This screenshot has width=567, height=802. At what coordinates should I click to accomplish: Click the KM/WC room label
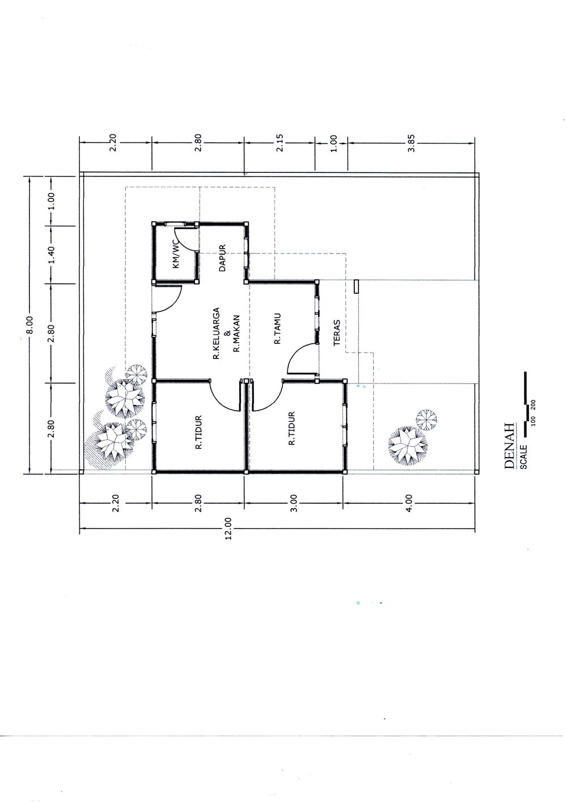pos(176,256)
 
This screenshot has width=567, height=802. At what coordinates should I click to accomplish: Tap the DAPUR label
pos(222,258)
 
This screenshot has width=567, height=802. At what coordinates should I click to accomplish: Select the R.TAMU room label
pos(277,329)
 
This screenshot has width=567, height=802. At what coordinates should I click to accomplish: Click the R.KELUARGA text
pos(217,334)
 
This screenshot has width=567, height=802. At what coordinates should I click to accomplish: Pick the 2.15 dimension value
pos(280,143)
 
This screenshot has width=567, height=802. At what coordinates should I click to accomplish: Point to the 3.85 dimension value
pos(412,143)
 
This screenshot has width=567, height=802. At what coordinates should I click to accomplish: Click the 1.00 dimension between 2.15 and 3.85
pos(333,143)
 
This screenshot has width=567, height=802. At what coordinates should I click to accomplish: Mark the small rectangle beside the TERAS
pos(356,286)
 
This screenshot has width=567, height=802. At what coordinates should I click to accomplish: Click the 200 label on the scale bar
pos(534,406)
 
